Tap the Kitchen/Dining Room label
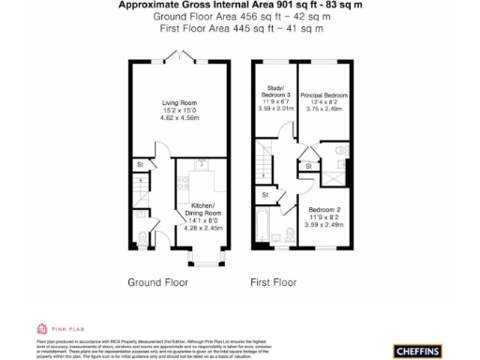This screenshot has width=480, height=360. [x=203, y=209]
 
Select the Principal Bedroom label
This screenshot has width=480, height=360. [x=323, y=96]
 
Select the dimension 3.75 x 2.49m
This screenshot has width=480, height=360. [x=323, y=111]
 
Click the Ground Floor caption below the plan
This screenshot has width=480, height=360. [x=155, y=281]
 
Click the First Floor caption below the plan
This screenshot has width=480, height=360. [x=274, y=281]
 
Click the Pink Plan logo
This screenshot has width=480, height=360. [x=56, y=329]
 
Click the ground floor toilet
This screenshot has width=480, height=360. [x=142, y=234]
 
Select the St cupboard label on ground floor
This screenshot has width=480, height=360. [x=140, y=166]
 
